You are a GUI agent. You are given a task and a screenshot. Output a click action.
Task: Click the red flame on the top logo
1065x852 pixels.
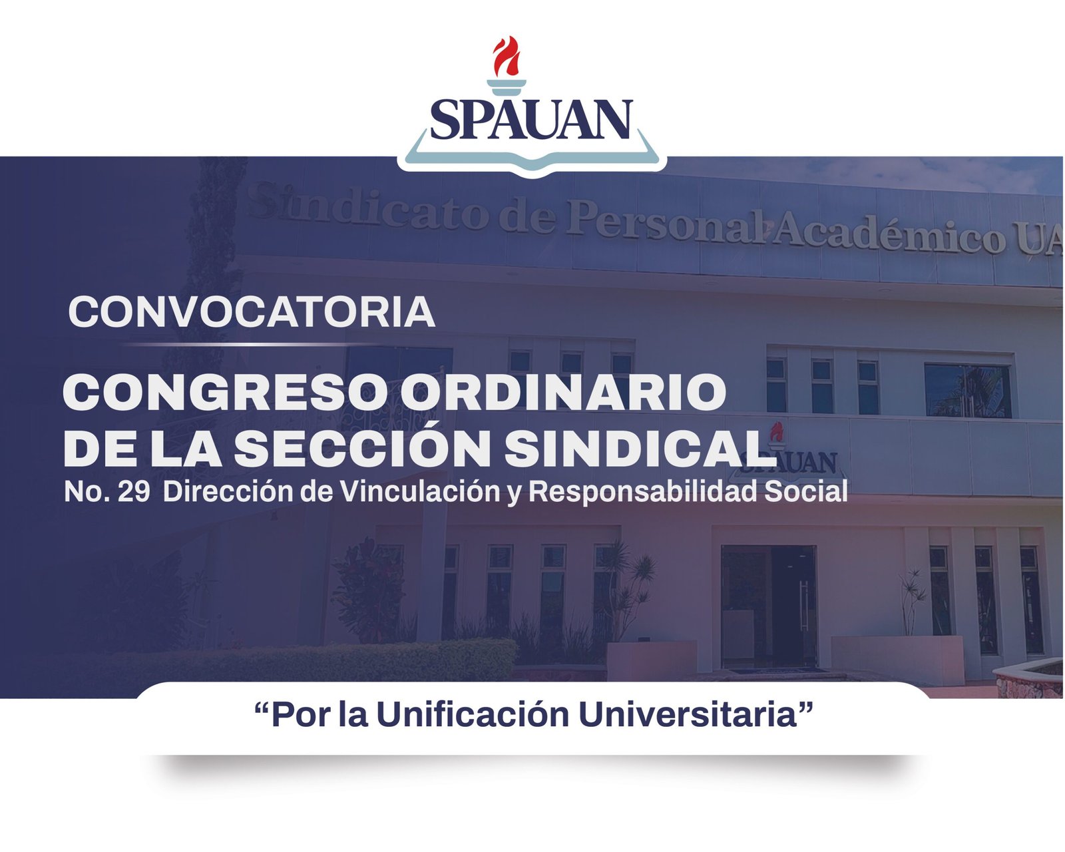pos(506,57)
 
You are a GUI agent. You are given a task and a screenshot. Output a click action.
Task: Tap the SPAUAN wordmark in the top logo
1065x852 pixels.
pos(532,119)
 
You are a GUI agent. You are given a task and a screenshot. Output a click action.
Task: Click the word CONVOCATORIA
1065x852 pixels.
pos(252,312)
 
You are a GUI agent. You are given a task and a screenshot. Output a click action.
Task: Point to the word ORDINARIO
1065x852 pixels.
pos(563,391)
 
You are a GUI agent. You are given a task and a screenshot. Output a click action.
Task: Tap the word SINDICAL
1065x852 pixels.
pos(640,448)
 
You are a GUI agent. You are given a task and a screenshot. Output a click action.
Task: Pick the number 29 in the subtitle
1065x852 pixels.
pos(134,492)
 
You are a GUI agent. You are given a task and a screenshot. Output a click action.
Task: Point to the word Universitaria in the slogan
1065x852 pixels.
pos(687,716)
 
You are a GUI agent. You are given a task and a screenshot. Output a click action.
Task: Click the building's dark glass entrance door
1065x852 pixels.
pos(768,606)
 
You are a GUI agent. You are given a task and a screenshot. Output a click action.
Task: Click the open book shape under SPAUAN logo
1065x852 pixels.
pos(532,154)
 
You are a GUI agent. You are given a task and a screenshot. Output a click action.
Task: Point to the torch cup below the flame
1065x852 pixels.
pos(506,87)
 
